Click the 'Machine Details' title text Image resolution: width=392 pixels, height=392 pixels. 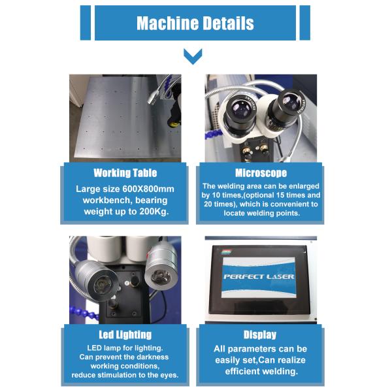tap(195, 24)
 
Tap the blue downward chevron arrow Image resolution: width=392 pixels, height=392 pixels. tap(193, 56)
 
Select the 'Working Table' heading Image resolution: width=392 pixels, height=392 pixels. tap(125, 173)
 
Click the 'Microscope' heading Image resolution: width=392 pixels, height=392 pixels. tap(261, 173)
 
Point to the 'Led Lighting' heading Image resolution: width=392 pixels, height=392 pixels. tap(125, 335)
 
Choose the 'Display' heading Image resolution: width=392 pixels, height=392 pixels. tap(260, 335)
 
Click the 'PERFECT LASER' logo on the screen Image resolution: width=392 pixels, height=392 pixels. tap(259, 277)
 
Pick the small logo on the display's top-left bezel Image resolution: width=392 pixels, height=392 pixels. tap(226, 252)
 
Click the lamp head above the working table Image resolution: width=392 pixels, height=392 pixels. tap(152, 97)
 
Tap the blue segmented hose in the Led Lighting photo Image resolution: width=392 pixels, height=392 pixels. tap(83, 312)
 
